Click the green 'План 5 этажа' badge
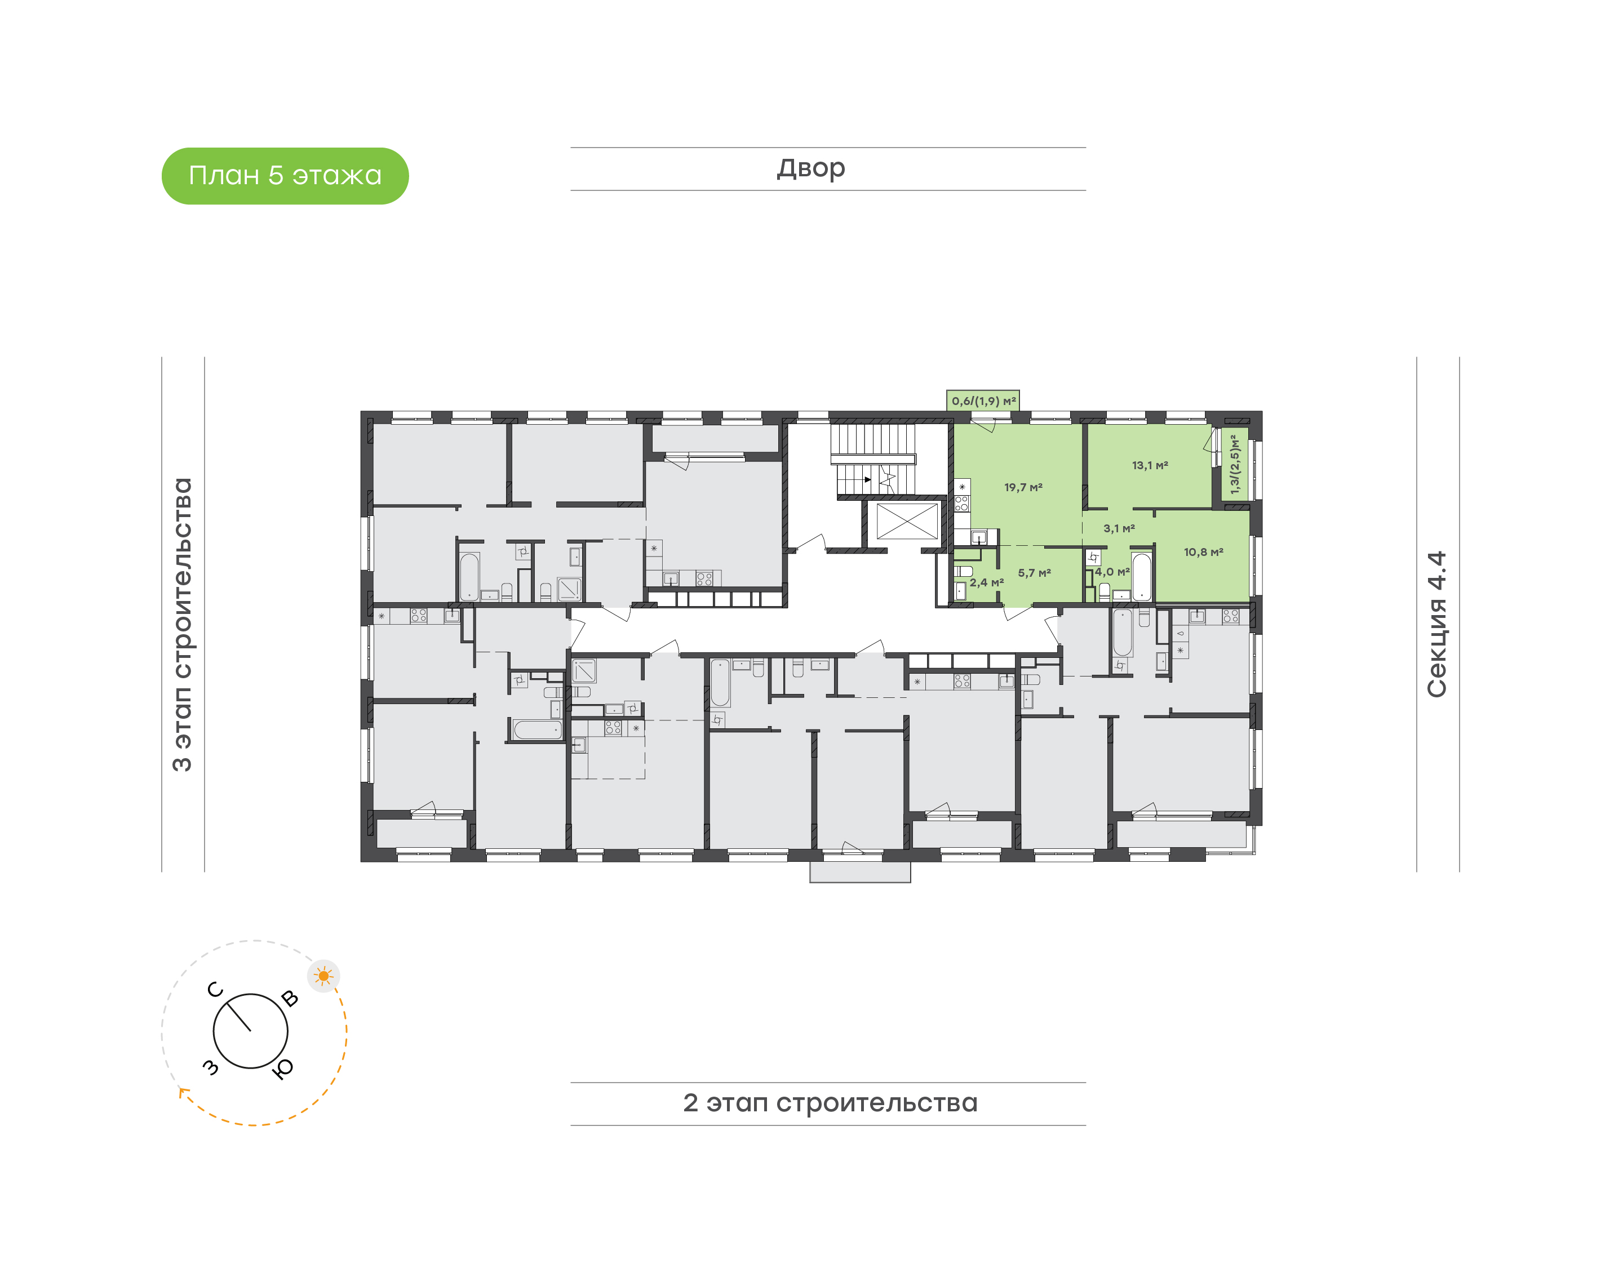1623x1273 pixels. [x=285, y=176]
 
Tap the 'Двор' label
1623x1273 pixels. [x=811, y=168]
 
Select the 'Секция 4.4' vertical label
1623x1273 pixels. [x=1436, y=625]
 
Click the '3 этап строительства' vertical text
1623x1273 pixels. [x=182, y=625]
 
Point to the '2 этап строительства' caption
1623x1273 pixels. [x=830, y=1103]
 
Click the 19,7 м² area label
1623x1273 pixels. [x=1023, y=487]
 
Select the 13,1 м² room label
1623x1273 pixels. [x=1150, y=465]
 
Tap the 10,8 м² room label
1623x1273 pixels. [x=1203, y=552]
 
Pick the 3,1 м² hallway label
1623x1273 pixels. [x=1119, y=528]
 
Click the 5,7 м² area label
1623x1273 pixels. [x=1034, y=573]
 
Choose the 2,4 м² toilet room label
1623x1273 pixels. [x=986, y=583]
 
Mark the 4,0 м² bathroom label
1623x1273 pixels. [x=1112, y=572]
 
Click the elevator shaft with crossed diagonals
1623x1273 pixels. [x=907, y=520]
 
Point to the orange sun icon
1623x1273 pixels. [x=323, y=976]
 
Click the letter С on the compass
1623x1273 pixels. [x=215, y=990]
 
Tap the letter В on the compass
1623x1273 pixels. [x=290, y=999]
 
